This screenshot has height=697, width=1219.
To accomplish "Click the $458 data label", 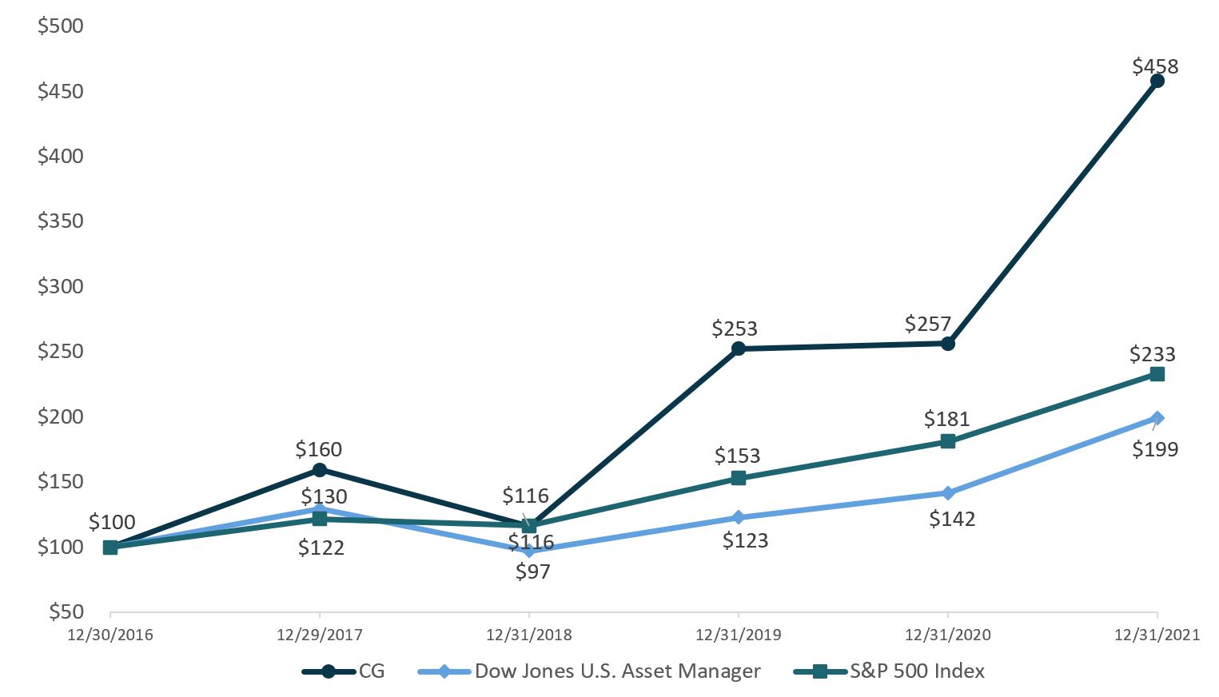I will coord(1155,66).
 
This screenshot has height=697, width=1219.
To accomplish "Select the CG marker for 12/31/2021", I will coord(1157,81).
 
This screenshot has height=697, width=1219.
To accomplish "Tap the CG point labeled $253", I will coord(738,348).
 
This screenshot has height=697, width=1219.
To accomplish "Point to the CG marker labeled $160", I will coord(319,470).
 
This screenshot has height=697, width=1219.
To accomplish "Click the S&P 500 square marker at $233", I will coord(1157,374).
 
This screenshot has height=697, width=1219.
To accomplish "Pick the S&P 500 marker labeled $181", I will coord(947,441).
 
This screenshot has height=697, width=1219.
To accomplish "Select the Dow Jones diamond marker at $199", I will coord(1157,418).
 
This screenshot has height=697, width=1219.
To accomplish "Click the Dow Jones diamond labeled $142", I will coord(947,493).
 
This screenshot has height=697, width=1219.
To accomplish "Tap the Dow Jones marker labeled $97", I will coord(528,551).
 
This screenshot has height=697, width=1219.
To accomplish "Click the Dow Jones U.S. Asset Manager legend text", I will coord(617,671).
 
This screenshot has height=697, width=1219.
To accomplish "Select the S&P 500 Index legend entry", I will coord(917,671).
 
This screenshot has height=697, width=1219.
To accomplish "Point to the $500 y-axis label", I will coord(61,26).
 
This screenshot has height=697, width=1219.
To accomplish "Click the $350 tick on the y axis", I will coord(61,221).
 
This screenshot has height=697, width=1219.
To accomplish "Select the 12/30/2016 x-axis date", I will coord(110,635).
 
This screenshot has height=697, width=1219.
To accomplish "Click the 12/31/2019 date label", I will coord(738,635).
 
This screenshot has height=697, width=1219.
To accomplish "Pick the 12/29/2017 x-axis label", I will coord(319,635).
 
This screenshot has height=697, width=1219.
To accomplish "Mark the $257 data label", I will coord(927,324).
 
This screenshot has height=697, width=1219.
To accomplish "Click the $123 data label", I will coord(745,540).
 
